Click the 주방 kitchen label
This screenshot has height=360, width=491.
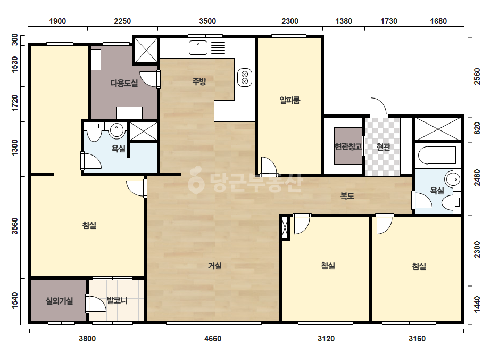point(199,82)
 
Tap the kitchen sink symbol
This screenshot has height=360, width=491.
point(198,48)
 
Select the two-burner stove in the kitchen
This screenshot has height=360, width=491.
point(245,77)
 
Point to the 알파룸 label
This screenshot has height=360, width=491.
point(289,100)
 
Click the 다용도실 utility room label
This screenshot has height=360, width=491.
point(124,83)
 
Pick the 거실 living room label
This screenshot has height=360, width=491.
point(215,266)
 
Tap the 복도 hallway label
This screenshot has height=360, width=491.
point(347,196)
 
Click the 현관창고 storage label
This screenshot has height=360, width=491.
point(348,146)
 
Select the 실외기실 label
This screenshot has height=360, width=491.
point(59,301)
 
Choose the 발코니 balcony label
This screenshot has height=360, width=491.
point(117,300)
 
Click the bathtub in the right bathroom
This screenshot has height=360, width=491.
point(437,155)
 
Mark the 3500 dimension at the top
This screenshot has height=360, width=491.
point(207,21)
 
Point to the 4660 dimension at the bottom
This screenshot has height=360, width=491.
point(213,339)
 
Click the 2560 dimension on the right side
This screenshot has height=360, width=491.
point(477,76)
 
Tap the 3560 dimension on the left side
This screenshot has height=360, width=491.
point(14,226)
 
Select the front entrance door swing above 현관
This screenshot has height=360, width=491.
point(378,107)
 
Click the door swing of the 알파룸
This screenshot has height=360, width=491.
point(269,167)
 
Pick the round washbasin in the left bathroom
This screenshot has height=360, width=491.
point(117,130)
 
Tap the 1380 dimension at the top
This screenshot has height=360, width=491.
point(344,21)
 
